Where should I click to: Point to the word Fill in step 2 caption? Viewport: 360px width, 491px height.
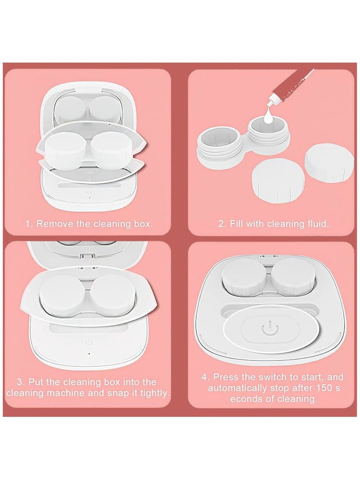tap(239, 224)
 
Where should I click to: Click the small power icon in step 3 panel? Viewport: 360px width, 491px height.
tap(89, 341)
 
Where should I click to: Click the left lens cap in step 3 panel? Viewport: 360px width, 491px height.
tap(62, 295)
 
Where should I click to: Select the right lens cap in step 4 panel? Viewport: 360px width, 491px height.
tap(293, 275)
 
